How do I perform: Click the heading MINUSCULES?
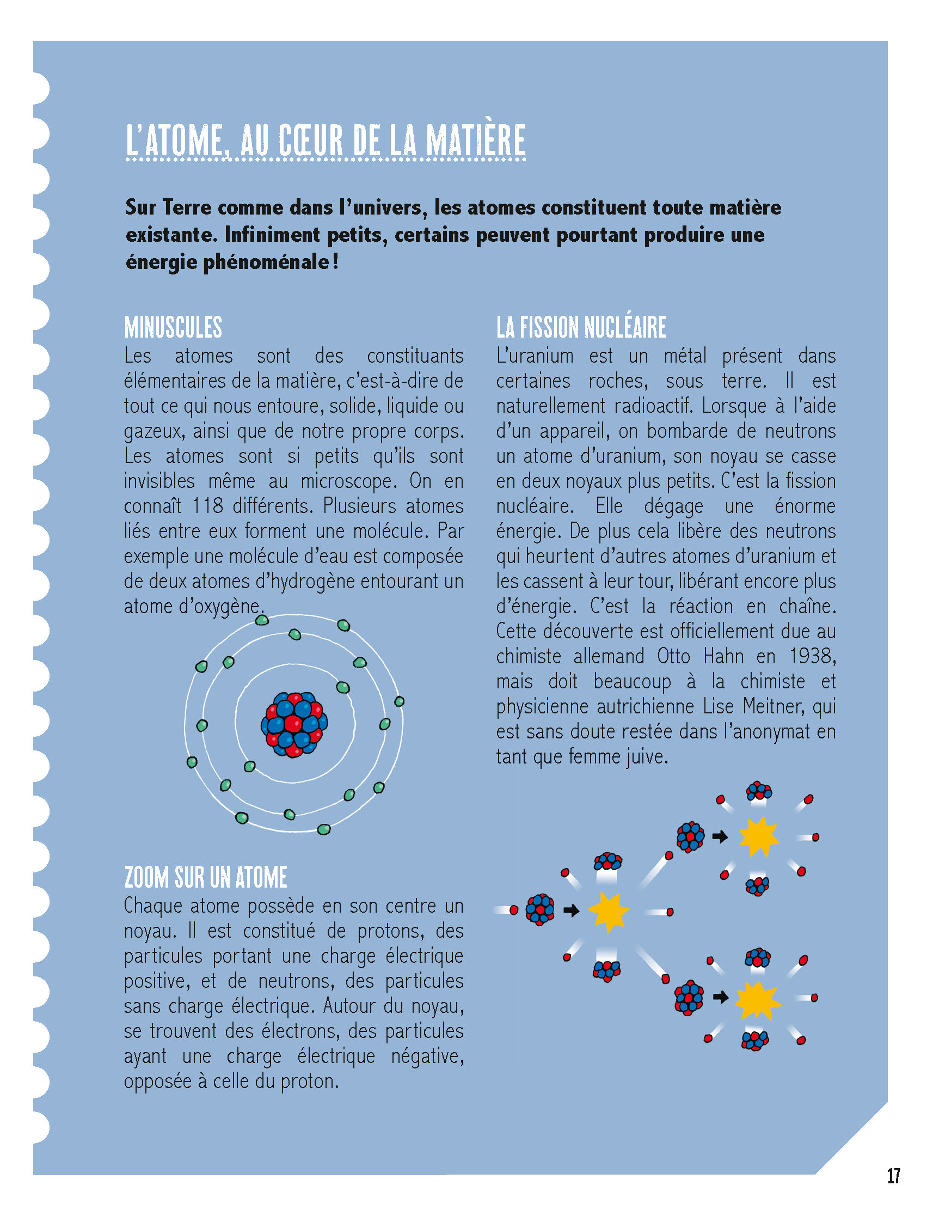tap(173, 327)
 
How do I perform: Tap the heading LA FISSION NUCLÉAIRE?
tap(581, 327)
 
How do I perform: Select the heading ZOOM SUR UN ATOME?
tap(205, 878)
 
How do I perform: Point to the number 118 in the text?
tap(208, 506)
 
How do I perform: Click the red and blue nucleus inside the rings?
tap(294, 724)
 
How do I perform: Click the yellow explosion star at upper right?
tap(759, 836)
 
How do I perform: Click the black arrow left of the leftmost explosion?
tap(571, 911)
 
